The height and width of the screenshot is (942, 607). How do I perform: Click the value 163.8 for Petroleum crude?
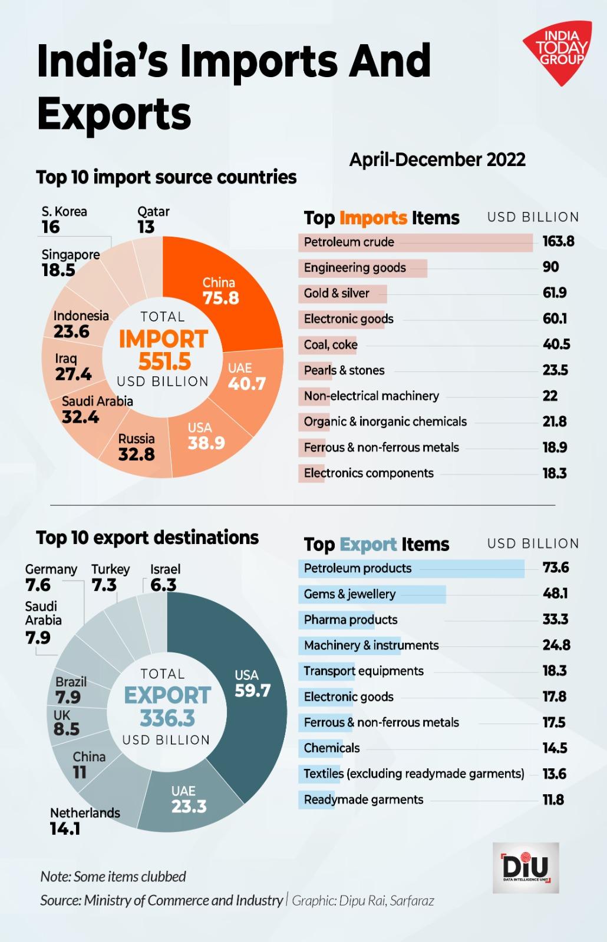(558, 241)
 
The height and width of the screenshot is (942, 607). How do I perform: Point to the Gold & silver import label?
(337, 293)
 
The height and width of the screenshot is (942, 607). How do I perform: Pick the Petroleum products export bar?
(411, 569)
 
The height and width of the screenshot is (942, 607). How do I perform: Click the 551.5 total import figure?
(164, 361)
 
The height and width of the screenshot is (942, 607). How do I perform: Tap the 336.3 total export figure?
(167, 718)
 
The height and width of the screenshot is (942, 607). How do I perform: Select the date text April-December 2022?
(437, 160)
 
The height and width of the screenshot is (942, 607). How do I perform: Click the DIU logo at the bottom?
(526, 867)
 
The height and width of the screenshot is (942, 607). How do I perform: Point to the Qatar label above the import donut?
(153, 212)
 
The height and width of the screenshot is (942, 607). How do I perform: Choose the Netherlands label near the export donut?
(85, 813)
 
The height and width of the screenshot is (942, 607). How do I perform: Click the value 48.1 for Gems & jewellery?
(555, 593)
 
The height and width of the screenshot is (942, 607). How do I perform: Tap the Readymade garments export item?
(364, 800)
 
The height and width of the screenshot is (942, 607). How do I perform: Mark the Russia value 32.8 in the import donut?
(136, 455)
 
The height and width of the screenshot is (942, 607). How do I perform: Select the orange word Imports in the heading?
(374, 218)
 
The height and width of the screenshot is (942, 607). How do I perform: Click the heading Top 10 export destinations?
(147, 538)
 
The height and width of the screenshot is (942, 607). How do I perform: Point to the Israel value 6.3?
(163, 585)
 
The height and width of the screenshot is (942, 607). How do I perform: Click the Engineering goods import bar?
(362, 268)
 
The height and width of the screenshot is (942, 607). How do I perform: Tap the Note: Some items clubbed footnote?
(113, 877)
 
